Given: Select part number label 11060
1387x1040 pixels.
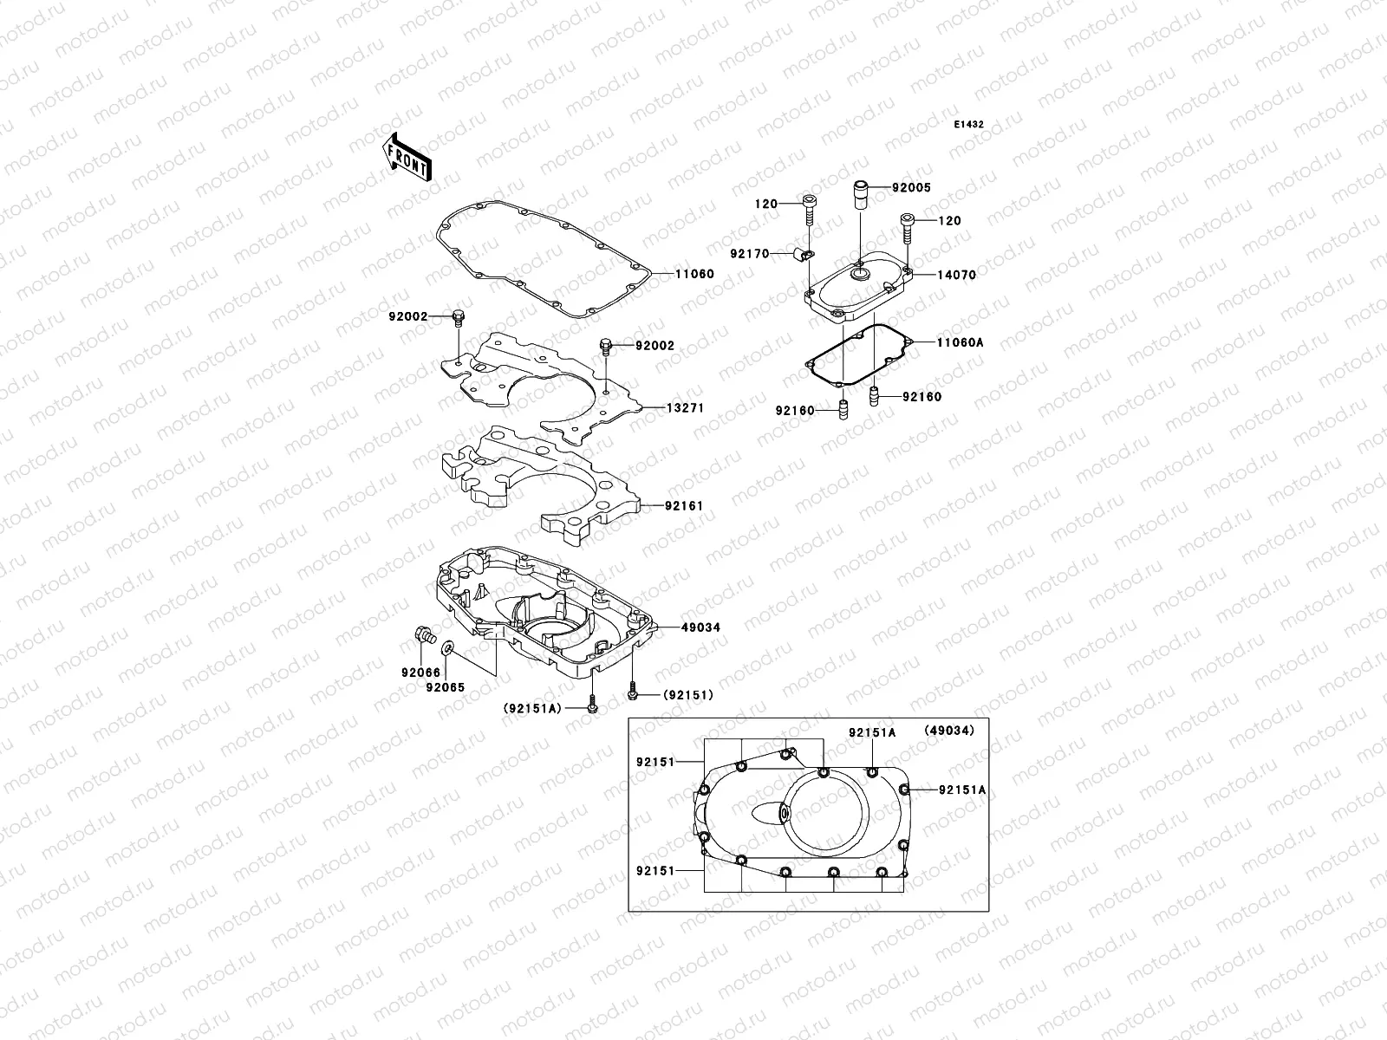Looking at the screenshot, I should click(695, 274).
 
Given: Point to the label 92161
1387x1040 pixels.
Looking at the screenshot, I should click(684, 505).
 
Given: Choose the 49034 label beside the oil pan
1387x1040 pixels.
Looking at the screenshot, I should click(700, 627).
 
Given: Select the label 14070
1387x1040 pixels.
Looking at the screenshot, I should click(956, 275).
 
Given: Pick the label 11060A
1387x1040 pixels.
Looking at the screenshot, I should click(960, 342).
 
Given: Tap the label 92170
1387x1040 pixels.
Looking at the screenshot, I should click(749, 254).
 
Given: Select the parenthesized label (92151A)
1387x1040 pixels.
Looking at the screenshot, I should click(532, 708).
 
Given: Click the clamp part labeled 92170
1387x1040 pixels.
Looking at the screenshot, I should click(803, 253).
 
